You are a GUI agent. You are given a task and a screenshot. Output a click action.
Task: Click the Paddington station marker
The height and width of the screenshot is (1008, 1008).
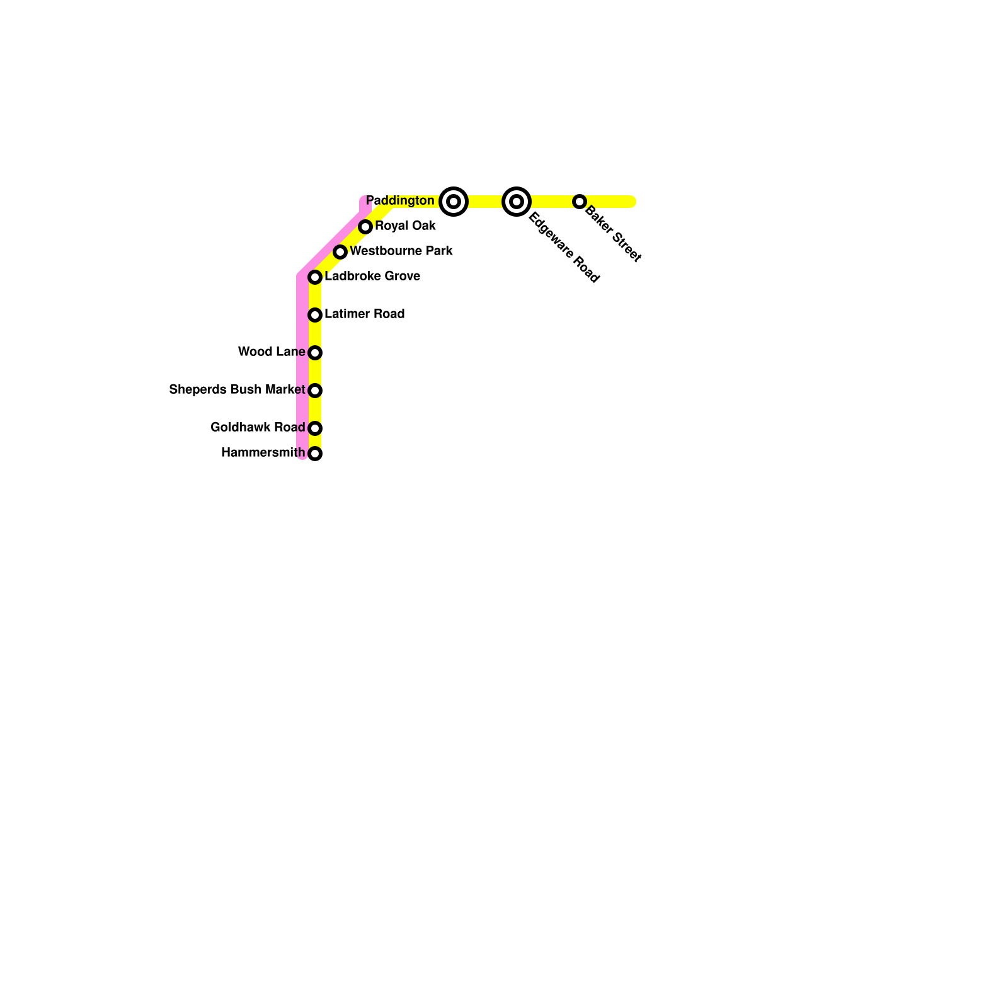(454, 202)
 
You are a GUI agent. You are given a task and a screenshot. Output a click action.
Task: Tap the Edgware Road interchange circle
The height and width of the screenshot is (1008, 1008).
(517, 202)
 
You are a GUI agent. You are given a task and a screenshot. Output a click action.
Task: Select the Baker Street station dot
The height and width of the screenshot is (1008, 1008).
(580, 202)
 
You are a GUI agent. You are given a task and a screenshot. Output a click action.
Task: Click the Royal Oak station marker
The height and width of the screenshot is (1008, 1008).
(365, 227)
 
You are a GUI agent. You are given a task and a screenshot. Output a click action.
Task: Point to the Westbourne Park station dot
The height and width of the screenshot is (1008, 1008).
(340, 252)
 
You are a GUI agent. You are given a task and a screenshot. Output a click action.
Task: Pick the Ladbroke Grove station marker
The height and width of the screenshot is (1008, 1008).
(315, 277)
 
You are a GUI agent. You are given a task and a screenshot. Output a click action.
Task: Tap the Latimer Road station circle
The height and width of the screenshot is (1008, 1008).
(315, 315)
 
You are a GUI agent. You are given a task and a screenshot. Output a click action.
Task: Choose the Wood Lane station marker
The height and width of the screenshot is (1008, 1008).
(315, 353)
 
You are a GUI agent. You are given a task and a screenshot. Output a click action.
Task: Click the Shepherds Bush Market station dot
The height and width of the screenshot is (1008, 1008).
(315, 391)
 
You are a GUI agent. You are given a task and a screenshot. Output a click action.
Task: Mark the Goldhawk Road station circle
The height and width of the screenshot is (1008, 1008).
(315, 428)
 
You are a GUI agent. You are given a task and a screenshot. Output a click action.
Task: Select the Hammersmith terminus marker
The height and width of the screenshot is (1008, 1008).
(315, 454)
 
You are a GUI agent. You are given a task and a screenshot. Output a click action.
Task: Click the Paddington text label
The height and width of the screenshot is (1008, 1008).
(400, 201)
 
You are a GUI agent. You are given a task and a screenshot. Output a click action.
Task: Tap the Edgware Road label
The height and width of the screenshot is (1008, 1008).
(564, 248)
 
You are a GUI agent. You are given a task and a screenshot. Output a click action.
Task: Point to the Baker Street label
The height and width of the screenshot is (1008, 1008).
(613, 234)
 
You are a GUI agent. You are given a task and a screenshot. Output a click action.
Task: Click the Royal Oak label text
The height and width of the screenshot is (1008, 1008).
(405, 226)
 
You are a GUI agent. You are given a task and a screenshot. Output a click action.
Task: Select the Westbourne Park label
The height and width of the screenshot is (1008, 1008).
(401, 251)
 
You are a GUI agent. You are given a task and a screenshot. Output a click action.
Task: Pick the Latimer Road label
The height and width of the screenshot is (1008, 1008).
(364, 314)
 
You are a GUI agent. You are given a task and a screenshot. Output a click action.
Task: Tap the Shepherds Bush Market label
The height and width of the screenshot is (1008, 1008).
(237, 390)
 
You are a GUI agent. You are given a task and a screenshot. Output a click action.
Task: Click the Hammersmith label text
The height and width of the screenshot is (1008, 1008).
(263, 453)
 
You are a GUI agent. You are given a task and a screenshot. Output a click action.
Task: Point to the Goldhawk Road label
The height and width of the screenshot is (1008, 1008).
(258, 428)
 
